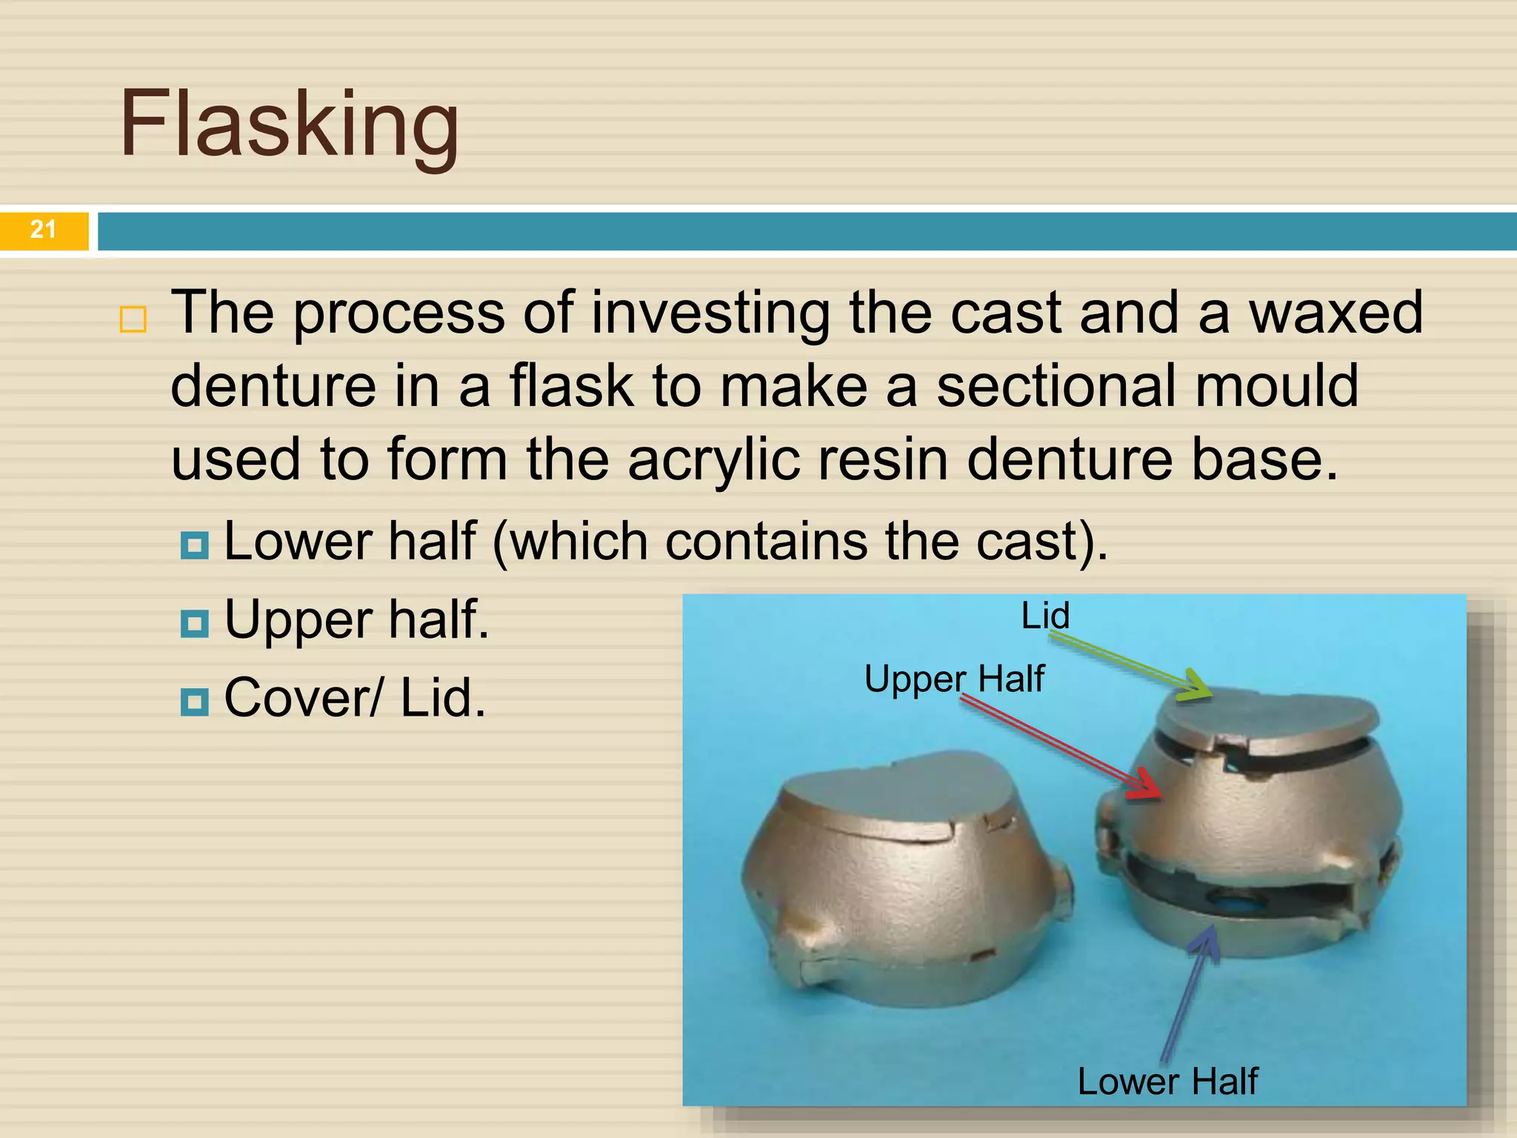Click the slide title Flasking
(x=289, y=124)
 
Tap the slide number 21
(x=43, y=230)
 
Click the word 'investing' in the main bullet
(x=710, y=313)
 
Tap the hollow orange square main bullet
(x=133, y=319)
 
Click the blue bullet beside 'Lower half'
(x=195, y=545)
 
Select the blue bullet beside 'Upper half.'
(x=195, y=623)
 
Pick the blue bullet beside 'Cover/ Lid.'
(x=195, y=701)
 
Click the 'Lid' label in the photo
(x=1045, y=616)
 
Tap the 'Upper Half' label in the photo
(x=954, y=679)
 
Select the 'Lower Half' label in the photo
(x=1167, y=1081)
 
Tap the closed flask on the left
(x=904, y=874)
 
